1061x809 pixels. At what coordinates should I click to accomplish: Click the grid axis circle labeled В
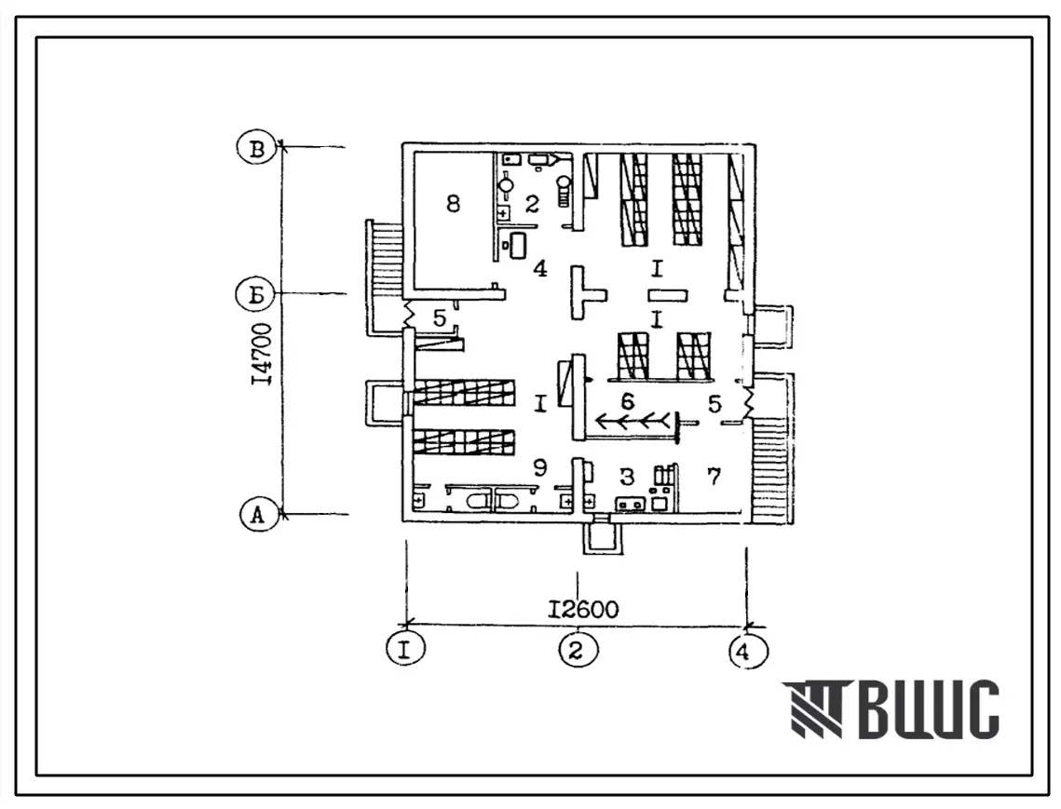257,148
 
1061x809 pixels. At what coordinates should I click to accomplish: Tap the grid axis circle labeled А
258,515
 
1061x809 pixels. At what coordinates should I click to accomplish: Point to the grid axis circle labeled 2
578,650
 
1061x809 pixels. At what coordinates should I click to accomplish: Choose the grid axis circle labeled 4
748,652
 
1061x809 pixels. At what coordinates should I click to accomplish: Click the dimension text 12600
582,610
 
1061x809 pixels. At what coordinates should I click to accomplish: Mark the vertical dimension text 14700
262,355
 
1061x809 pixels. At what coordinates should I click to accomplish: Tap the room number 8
454,203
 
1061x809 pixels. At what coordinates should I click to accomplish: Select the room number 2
533,204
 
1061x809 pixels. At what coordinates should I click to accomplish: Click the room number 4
539,268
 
